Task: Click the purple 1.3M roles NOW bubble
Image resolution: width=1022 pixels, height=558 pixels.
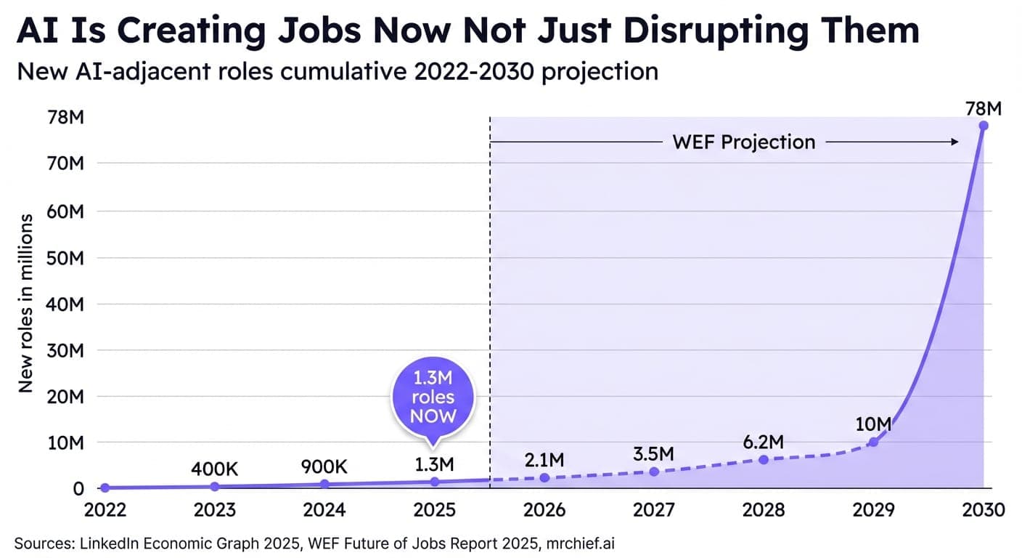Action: (433, 398)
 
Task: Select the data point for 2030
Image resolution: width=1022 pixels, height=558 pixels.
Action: (984, 126)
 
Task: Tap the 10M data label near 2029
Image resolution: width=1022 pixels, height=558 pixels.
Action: (874, 424)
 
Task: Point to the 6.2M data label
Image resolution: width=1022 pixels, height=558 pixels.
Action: (764, 442)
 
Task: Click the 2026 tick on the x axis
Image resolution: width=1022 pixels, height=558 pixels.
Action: (544, 509)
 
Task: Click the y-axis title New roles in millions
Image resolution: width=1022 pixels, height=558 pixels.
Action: (26, 303)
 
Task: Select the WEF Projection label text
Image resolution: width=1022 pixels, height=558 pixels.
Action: (744, 142)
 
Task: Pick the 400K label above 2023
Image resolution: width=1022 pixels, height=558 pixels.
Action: (214, 469)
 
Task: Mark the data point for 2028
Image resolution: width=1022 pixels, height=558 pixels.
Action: (764, 459)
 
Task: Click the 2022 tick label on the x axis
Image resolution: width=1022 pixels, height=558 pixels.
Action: (105, 509)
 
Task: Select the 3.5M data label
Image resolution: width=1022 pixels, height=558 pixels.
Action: (653, 454)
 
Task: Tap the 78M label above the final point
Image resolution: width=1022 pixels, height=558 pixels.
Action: (984, 109)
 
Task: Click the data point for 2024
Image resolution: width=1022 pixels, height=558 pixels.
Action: (324, 484)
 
